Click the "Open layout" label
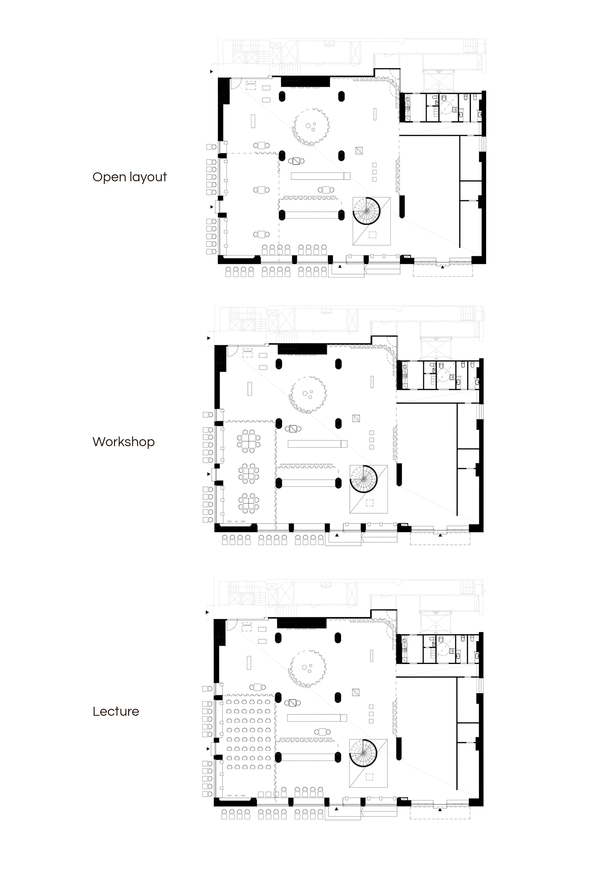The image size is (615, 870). pos(130,177)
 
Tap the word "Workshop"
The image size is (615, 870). pos(123,442)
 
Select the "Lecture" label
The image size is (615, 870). pos(116,711)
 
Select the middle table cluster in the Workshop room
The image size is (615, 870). pos(249,472)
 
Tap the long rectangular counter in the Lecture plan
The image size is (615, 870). pos(317,717)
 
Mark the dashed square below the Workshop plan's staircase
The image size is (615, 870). pos(369,503)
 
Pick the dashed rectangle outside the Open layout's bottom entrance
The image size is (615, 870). pos(443,271)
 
